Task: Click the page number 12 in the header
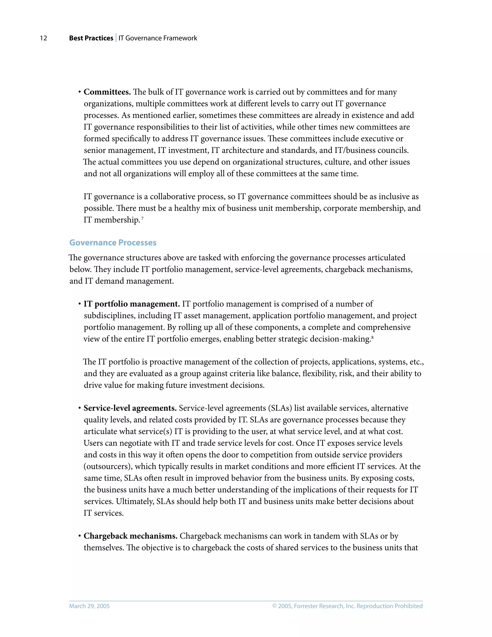[43, 38]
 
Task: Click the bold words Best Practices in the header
[91, 38]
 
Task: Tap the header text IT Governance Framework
[158, 38]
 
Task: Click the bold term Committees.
[107, 92]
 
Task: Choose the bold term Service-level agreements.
[130, 408]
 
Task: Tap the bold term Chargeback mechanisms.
[130, 536]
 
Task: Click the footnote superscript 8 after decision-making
[373, 337]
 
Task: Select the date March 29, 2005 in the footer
[89, 606]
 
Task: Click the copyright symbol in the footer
[274, 606]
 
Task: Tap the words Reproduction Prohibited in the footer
[389, 606]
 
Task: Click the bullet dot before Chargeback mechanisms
[79, 536]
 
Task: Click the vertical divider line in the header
[116, 38]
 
